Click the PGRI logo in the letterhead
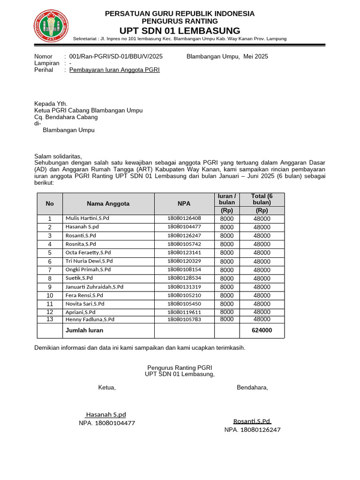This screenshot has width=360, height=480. click(51, 26)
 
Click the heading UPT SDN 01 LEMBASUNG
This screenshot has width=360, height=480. click(180, 30)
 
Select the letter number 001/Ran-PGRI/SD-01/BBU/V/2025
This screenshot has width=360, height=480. click(116, 56)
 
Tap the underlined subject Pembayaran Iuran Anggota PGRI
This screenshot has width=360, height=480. click(114, 70)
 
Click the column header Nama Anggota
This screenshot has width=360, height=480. click(108, 203)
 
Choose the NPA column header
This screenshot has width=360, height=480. click(184, 203)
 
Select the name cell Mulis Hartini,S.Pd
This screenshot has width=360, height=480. click(87, 218)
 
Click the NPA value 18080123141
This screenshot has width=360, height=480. click(184, 253)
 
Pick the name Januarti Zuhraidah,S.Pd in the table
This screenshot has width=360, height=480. click(94, 287)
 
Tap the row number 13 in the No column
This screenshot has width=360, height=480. click(50, 319)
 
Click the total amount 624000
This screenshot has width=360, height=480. click(262, 330)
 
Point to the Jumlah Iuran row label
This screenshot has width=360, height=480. click(84, 330)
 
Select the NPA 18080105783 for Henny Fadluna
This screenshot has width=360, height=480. click(184, 319)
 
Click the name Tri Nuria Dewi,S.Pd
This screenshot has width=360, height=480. click(89, 261)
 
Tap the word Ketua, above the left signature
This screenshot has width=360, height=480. click(107, 388)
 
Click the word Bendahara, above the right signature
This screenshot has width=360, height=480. click(253, 388)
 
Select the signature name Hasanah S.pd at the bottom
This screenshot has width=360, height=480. click(105, 415)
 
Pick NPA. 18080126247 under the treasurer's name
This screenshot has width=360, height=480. click(252, 430)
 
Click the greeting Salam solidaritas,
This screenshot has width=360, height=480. click(58, 156)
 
